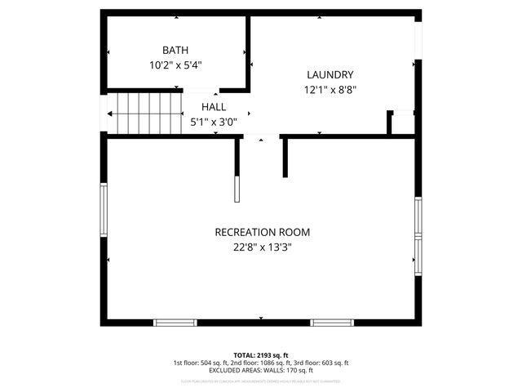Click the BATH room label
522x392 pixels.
[x=175, y=50]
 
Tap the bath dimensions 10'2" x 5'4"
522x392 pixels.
[x=175, y=65]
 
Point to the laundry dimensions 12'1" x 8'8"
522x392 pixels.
[x=330, y=90]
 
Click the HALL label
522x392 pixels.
[x=214, y=107]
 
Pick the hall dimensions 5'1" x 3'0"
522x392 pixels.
[x=214, y=122]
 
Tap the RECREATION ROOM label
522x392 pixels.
[x=262, y=232]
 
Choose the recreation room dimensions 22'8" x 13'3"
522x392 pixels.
[x=262, y=247]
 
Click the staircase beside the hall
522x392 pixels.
[x=145, y=113]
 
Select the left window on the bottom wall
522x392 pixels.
[x=176, y=322]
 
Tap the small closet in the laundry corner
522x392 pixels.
[x=402, y=123]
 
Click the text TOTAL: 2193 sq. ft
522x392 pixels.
[x=261, y=354]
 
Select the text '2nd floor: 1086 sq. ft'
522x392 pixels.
[x=261, y=363]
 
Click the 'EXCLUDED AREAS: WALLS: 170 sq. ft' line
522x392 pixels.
[x=261, y=371]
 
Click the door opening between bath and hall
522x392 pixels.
[x=201, y=90]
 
